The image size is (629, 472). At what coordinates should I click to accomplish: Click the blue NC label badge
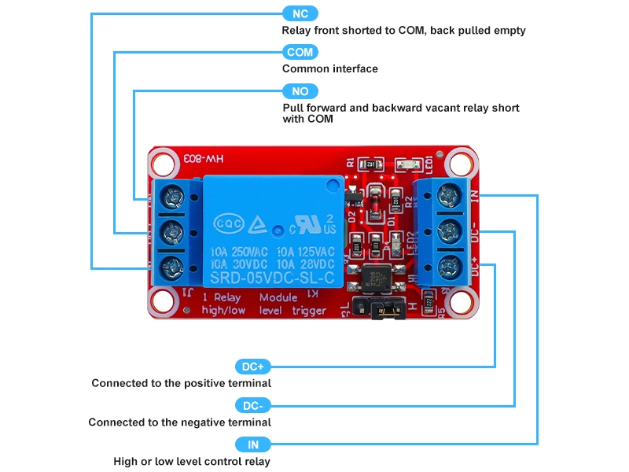coord(300,13)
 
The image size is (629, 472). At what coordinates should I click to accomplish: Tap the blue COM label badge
coord(300,52)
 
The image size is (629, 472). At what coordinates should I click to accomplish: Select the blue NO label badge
coord(300,91)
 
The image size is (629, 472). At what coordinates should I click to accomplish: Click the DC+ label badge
coord(252,367)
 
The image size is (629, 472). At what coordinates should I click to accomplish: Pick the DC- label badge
coord(252,406)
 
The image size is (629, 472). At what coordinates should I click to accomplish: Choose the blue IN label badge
coord(253,445)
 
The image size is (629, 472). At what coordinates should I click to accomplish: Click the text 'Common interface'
coord(330,68)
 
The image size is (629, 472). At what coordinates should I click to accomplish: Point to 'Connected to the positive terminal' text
coord(181,383)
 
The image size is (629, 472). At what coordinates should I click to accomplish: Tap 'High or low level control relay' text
coord(192,462)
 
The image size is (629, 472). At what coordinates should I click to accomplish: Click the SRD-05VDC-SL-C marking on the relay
coord(271,278)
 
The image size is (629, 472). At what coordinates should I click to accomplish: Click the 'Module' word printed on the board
coord(279,297)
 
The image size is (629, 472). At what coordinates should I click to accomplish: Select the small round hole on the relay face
coord(278,231)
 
